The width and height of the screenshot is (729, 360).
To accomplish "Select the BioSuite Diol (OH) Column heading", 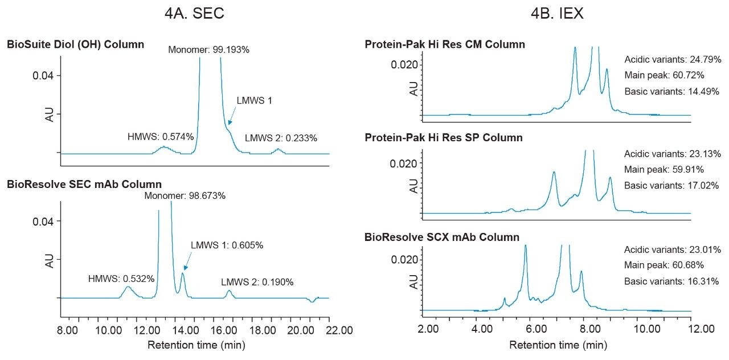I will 75,44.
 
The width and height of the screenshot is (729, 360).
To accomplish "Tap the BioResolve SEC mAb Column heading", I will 84,184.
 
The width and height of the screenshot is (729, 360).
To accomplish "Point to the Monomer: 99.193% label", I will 208,50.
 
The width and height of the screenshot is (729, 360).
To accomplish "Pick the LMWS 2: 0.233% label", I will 281,138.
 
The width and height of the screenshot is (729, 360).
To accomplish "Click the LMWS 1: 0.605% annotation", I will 227,246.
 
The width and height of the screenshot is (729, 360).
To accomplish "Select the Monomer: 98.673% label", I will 185,195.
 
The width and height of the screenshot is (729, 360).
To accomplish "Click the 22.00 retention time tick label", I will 329,330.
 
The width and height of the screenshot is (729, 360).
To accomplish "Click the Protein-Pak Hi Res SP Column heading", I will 444,138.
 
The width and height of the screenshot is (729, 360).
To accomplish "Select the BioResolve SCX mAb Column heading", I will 442,237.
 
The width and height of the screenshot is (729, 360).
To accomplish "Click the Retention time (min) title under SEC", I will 196,345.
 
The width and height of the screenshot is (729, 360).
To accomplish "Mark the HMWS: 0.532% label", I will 121,279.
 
